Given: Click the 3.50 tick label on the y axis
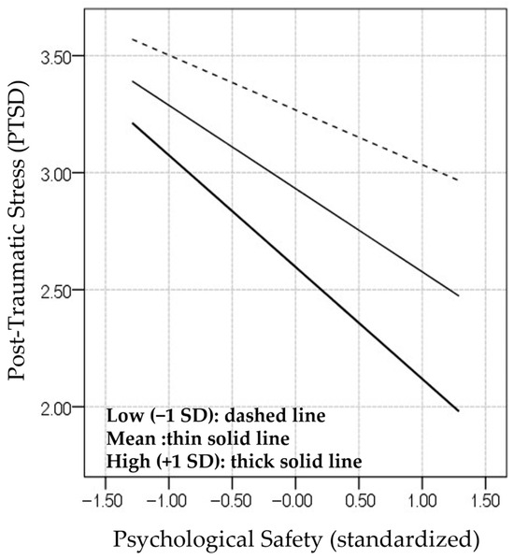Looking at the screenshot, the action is click(x=57, y=57).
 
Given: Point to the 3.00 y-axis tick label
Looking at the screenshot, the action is click(x=57, y=174).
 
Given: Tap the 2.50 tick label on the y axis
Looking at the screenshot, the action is click(x=57, y=292).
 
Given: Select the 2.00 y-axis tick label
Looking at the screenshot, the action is click(x=57, y=408).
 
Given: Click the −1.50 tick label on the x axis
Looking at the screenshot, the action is click(x=102, y=501).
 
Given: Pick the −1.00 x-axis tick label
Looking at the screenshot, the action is click(x=166, y=501).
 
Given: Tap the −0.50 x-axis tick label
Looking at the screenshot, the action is click(x=230, y=501).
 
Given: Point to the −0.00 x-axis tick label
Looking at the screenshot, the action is click(x=293, y=501).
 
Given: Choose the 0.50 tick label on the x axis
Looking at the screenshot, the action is click(x=359, y=501).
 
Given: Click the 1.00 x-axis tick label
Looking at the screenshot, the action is click(x=422, y=501).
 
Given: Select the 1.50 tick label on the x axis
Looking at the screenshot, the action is click(x=485, y=501).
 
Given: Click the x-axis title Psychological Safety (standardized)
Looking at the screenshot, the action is click(x=296, y=539).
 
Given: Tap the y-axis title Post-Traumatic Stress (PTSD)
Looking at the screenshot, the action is click(x=17, y=230).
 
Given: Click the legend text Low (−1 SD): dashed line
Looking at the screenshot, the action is click(x=216, y=416).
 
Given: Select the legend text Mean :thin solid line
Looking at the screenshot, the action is click(x=198, y=438).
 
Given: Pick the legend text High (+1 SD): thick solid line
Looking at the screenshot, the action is click(x=235, y=462).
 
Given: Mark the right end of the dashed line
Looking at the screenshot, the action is click(x=458, y=180).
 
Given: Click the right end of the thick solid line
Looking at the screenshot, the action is click(x=458, y=411).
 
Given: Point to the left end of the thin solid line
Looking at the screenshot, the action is click(x=133, y=81).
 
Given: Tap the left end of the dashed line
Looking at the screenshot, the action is click(x=133, y=39).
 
